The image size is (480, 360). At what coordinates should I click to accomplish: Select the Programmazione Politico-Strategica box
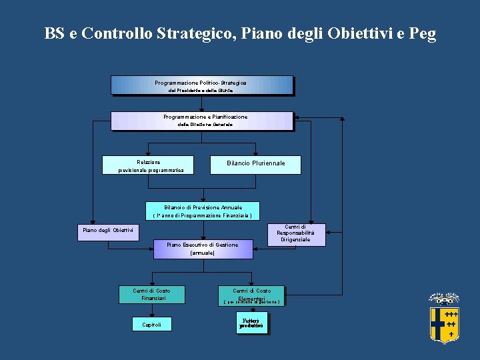tap(201, 85)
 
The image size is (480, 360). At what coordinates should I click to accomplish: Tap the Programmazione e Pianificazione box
tap(201, 121)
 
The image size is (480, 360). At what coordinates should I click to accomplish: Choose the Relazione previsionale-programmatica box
tap(148, 165)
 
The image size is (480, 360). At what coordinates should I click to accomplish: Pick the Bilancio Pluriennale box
tap(255, 164)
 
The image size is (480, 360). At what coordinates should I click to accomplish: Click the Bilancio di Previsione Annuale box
tap(203, 211)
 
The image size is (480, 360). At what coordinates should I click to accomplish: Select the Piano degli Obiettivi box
tap(109, 231)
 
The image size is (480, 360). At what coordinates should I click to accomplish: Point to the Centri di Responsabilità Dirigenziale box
tap(296, 233)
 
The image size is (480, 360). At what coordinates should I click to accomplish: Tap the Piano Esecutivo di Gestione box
tap(203, 249)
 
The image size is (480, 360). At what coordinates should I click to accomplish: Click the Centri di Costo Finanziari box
tap(151, 295)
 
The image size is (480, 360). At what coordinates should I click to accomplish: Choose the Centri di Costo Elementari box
tap(251, 296)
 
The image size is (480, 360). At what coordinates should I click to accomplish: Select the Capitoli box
tap(151, 325)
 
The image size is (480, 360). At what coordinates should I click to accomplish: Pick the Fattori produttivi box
tap(251, 324)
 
